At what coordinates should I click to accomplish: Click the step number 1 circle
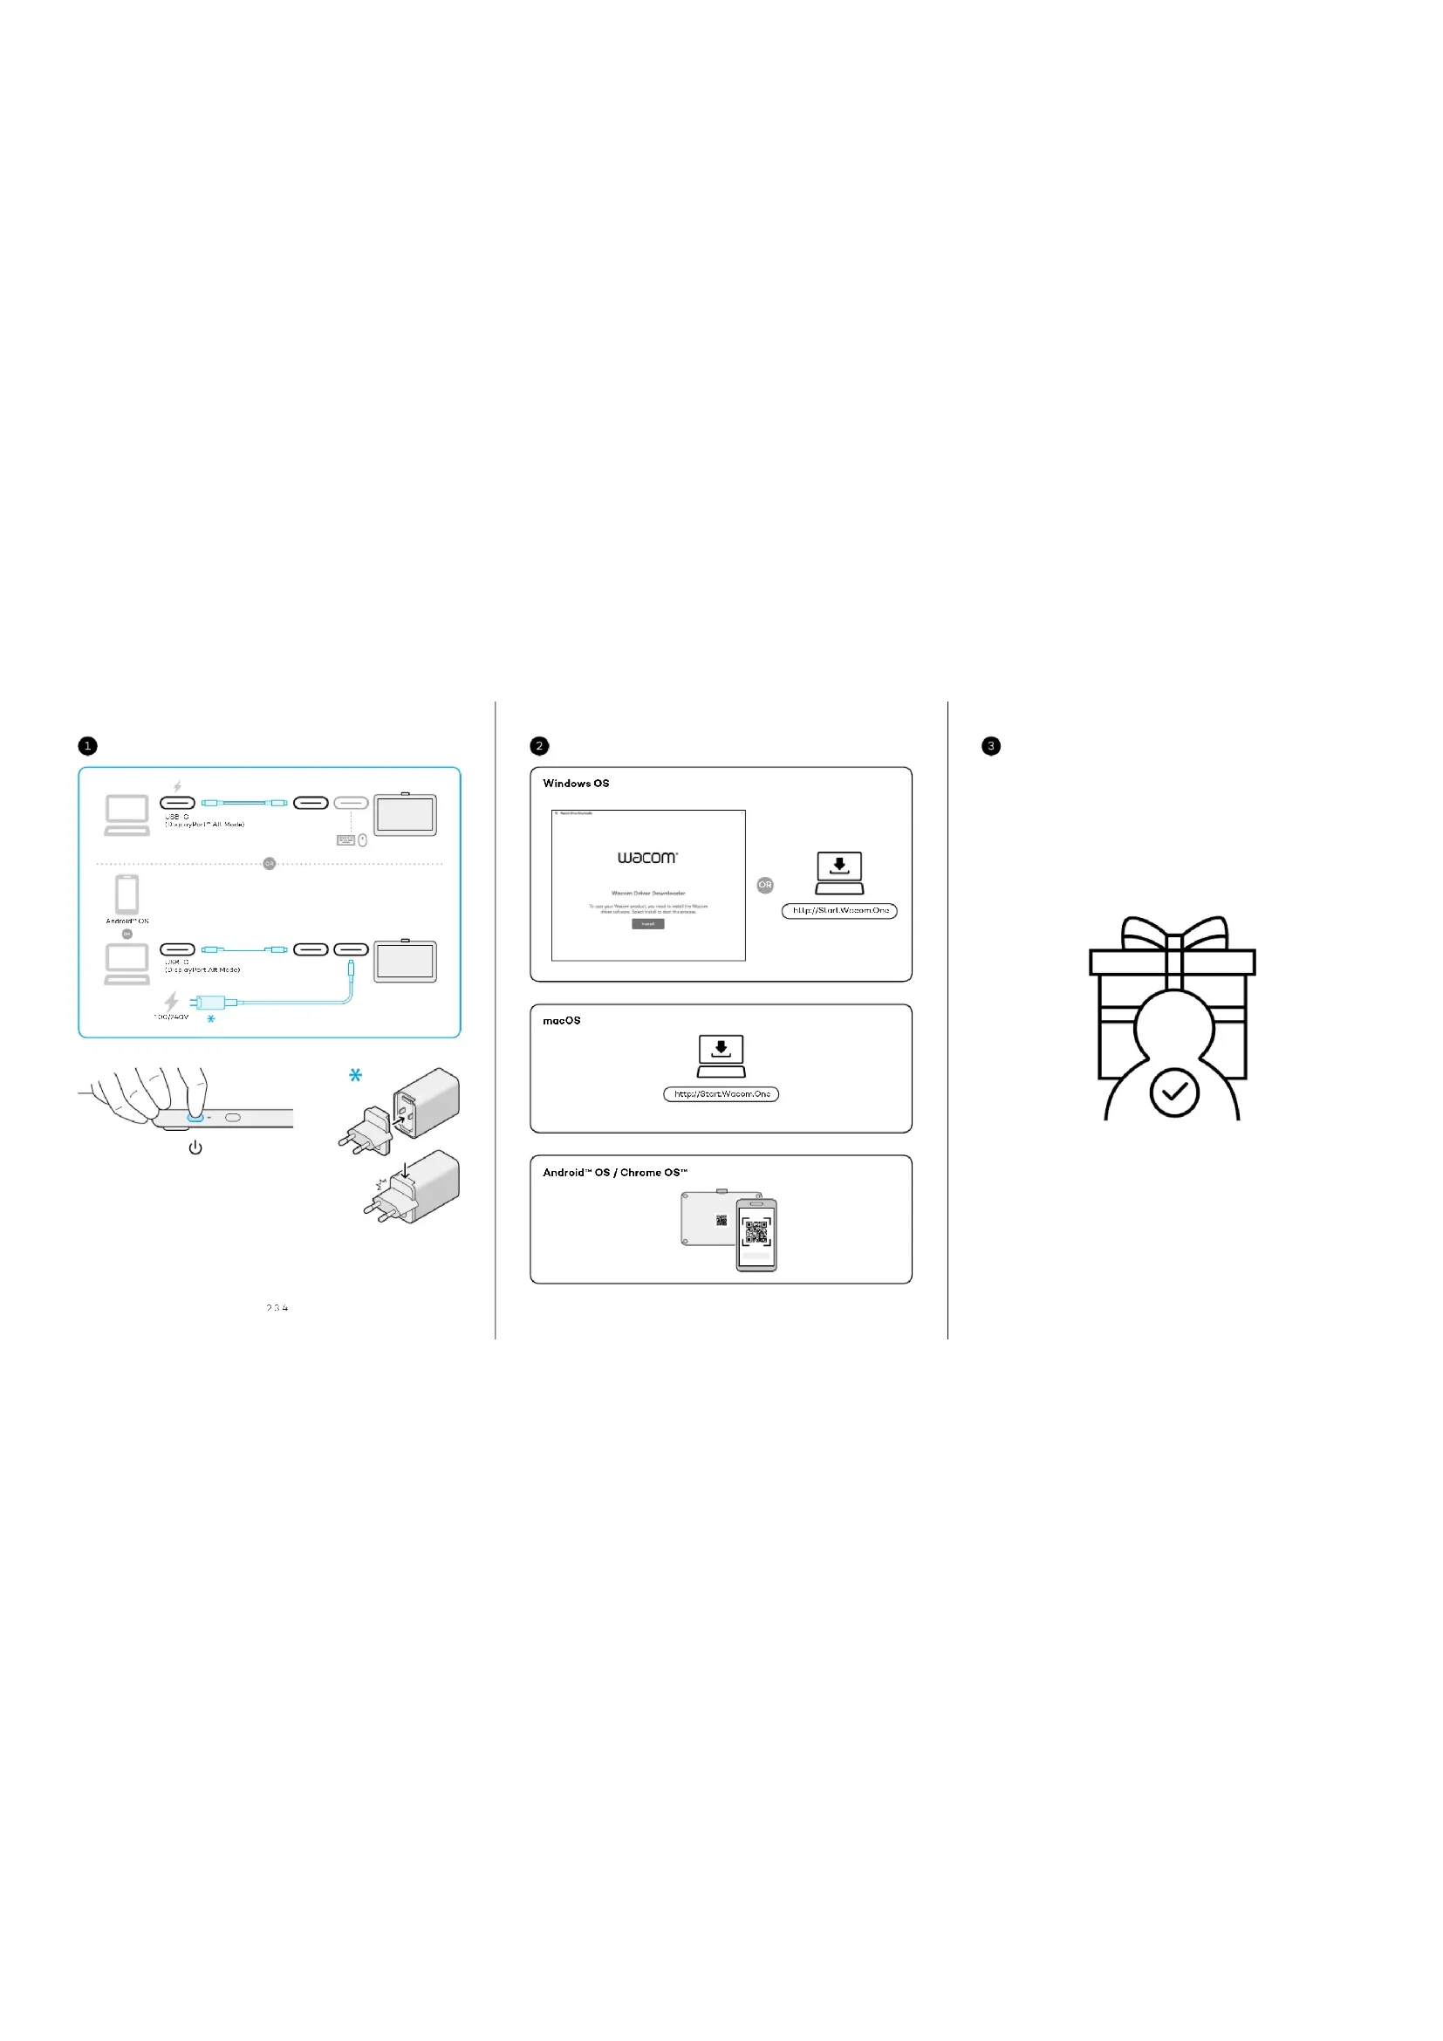87,746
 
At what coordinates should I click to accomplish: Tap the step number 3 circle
991,746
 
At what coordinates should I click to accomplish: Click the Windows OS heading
576,783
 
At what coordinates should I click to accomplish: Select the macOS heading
562,1021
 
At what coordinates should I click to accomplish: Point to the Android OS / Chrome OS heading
615,1173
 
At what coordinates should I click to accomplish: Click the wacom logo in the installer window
647,858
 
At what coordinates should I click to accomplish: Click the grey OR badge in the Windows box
765,885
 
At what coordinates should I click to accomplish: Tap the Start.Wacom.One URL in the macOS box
721,1094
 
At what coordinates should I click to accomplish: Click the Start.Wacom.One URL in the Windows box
838,910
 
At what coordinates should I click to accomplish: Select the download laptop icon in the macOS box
721,1055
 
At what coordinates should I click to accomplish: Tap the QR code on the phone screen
756,1231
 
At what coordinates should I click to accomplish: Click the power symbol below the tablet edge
195,1147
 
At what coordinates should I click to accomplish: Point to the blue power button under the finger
195,1118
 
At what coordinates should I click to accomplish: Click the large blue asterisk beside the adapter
355,1075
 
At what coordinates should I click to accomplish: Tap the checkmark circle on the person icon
1173,1092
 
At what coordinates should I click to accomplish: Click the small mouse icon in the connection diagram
363,840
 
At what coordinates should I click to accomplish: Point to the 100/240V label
172,1016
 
